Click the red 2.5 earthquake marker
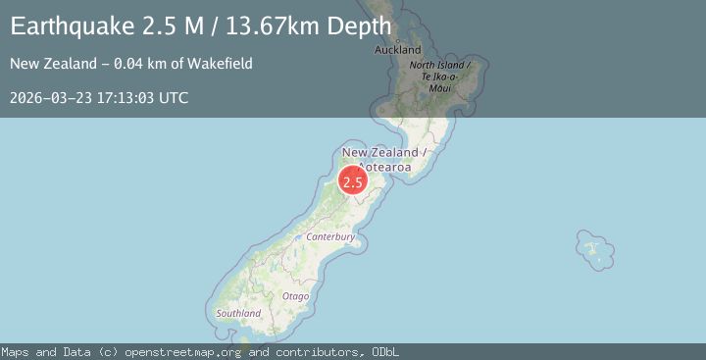point(353,181)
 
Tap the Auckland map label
point(398,49)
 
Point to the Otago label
point(295,295)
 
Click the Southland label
point(238,313)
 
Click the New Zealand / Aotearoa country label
point(383,159)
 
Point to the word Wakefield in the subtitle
point(225,64)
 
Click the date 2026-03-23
point(47,97)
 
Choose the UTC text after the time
point(174,97)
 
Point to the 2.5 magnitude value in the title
point(141,26)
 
